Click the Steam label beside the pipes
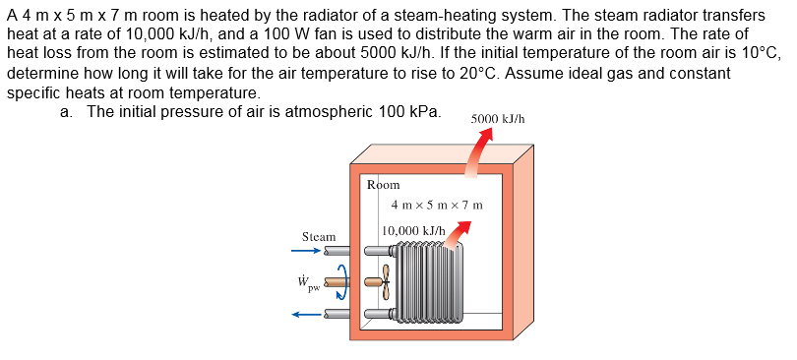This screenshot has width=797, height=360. click(319, 237)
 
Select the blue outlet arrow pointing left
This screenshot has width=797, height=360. click(306, 315)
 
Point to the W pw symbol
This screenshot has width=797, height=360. click(308, 284)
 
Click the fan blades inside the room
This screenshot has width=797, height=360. click(386, 282)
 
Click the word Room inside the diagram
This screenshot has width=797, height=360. click(383, 185)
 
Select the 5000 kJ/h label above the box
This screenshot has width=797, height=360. click(498, 118)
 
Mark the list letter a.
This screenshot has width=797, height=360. click(65, 111)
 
